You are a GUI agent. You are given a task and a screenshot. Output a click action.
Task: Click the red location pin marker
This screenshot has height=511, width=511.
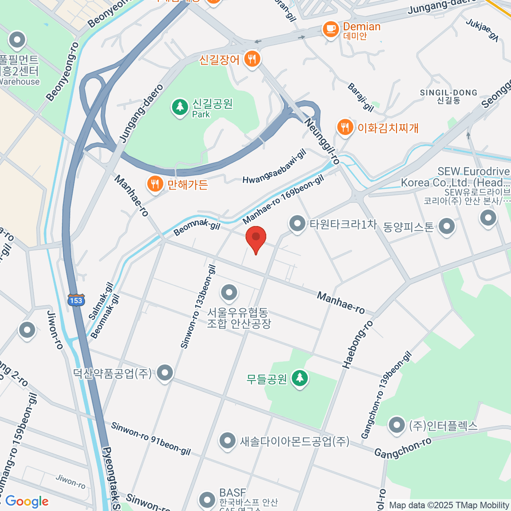[x=256, y=238]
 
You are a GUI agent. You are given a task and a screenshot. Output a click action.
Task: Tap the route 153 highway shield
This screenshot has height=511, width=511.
[x=76, y=300]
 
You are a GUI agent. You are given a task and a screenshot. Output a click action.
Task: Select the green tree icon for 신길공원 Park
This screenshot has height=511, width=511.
[x=180, y=106]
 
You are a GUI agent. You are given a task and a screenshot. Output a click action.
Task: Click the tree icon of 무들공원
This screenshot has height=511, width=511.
[x=300, y=378]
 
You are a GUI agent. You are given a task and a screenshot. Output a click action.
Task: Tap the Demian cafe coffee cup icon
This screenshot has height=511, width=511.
[x=330, y=29]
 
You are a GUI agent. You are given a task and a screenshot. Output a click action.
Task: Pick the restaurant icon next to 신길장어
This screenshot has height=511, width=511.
[x=252, y=59]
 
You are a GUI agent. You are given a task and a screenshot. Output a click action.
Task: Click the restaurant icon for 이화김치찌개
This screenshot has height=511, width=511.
[x=344, y=127]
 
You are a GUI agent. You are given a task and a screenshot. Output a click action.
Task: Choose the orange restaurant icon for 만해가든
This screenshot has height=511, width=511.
[x=155, y=184]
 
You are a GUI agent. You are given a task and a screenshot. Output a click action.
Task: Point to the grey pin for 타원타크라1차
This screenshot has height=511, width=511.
[x=297, y=223]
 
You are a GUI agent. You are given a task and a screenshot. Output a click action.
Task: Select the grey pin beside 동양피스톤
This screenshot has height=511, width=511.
[x=446, y=226]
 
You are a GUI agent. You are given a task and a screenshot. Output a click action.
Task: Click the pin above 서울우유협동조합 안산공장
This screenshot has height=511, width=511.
[x=230, y=293]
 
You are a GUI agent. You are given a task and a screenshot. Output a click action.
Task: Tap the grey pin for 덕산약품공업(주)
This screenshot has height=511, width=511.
[x=164, y=373]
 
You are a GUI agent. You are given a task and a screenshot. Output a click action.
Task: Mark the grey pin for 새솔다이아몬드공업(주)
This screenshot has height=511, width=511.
[x=227, y=441]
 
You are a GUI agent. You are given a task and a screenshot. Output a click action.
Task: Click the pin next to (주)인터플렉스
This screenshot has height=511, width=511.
[x=397, y=425]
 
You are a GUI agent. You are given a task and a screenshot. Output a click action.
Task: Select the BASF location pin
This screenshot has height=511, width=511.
[x=207, y=499]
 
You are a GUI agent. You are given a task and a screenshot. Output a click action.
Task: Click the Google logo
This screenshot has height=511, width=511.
[x=27, y=501]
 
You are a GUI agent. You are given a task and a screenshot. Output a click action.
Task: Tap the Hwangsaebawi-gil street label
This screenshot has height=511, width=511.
[x=275, y=167]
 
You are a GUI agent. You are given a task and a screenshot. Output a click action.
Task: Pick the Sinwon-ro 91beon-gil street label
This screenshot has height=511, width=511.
[x=151, y=439]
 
